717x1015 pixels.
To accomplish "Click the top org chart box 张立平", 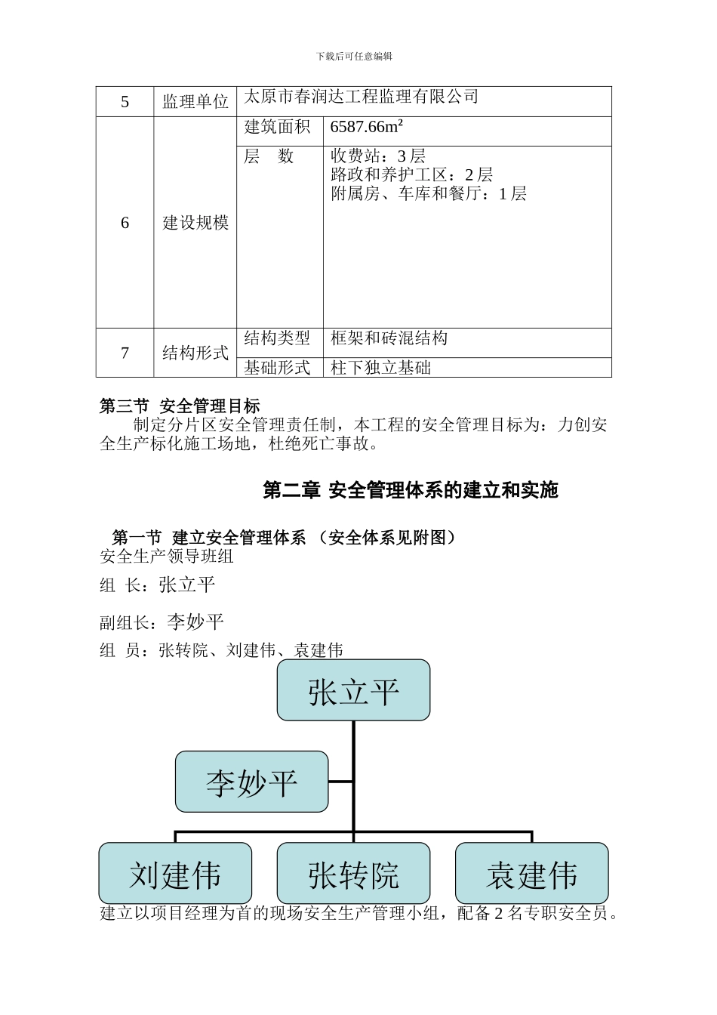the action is (x=353, y=690).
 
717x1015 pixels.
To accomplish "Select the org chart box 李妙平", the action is (x=252, y=782).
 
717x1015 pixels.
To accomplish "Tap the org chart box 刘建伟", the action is (x=175, y=874).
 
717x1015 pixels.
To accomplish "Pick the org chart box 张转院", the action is (x=353, y=874).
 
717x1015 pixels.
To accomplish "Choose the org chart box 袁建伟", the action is (x=532, y=874).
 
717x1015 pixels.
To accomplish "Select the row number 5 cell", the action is (x=125, y=102).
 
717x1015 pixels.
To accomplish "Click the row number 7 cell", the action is (x=125, y=353).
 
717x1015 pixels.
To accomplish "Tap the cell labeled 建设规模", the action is (x=195, y=223).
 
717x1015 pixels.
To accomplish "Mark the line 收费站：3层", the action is (x=378, y=156).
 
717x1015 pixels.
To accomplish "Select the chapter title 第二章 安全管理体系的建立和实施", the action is (x=410, y=490).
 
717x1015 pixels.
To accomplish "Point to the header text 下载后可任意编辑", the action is (x=354, y=57).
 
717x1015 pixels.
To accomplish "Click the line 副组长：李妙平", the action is (x=162, y=622).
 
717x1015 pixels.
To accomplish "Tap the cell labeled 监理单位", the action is (x=195, y=102).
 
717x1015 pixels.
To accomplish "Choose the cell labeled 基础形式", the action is (x=277, y=368).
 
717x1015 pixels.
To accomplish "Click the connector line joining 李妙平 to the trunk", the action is (x=341, y=782).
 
